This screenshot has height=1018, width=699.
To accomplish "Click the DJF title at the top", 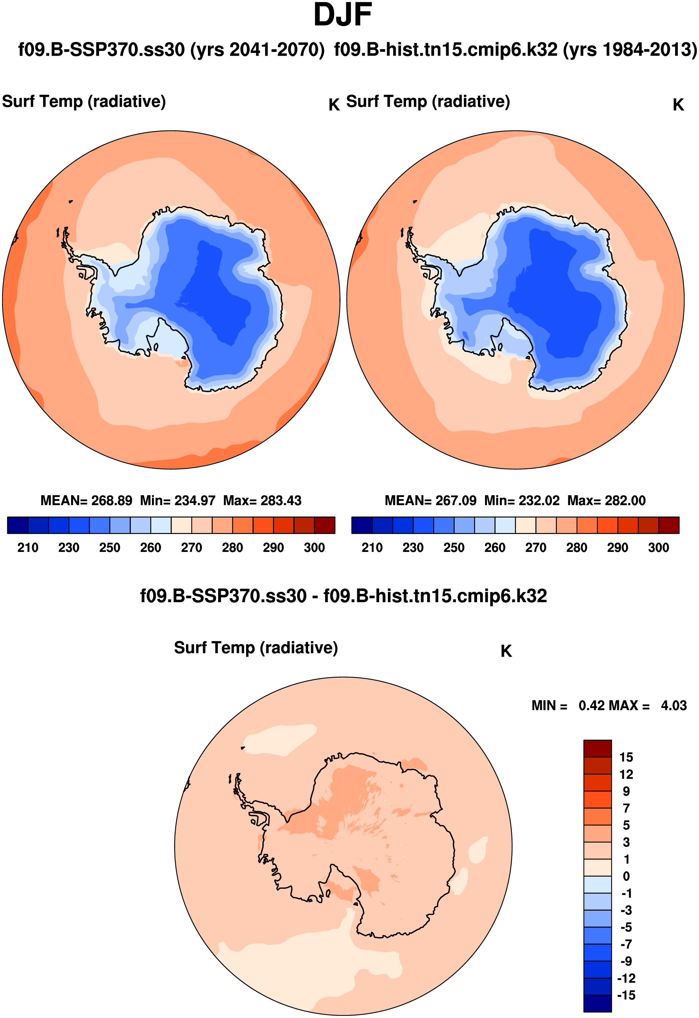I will (x=343, y=16).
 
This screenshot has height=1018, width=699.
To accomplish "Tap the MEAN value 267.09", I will (x=456, y=500).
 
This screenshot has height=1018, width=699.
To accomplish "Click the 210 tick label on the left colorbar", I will (x=28, y=547).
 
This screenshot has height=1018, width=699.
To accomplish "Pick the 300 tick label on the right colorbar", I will (x=658, y=547).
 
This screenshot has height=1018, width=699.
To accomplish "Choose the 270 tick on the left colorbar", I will (x=191, y=547).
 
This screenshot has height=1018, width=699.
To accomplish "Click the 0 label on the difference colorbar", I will (x=626, y=876).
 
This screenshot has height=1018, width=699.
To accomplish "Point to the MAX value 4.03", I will (x=674, y=705).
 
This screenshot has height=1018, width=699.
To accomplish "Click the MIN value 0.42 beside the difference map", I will (x=591, y=705).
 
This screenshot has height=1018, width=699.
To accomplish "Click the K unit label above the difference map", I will (x=506, y=651).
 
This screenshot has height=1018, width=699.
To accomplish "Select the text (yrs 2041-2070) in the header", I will (x=257, y=50).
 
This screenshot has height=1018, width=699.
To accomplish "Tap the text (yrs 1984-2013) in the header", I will (x=630, y=50).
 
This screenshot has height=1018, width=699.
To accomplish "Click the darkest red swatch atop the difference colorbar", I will (x=597, y=748).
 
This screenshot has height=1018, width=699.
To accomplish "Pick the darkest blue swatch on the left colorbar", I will (x=17, y=525).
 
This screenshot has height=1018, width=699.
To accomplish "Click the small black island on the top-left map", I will (x=71, y=201).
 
